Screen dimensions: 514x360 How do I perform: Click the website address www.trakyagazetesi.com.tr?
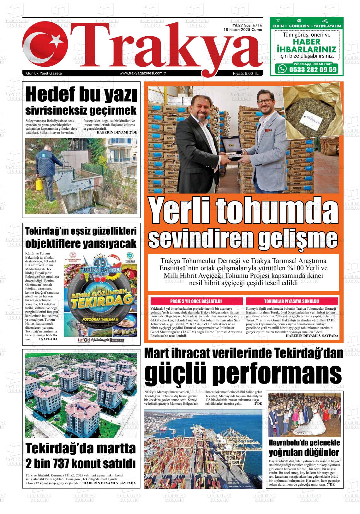pyautogui.click(x=143, y=74)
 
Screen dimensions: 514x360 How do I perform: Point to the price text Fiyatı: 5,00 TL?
pyautogui.click(x=245, y=74)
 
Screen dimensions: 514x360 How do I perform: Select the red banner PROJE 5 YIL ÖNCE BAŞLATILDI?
pyautogui.click(x=196, y=301)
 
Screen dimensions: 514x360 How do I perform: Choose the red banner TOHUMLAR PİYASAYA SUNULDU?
pyautogui.click(x=291, y=301)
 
